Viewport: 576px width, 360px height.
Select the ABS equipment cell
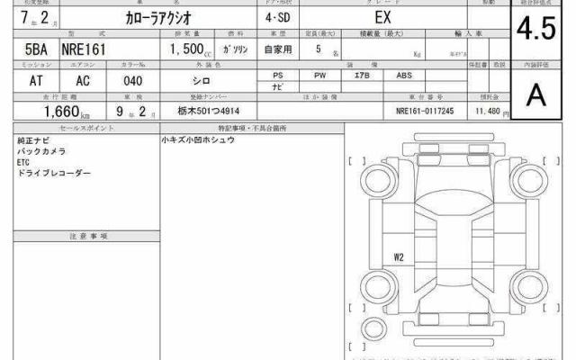(x=403, y=76)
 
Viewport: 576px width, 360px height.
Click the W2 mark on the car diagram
(x=399, y=258)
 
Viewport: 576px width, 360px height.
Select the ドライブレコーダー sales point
(x=54, y=172)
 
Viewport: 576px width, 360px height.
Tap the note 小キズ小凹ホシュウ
(x=199, y=141)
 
